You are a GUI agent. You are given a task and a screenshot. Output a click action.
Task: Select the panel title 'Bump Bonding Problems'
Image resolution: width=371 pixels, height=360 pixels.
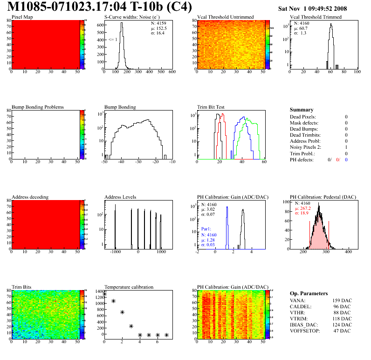pyautogui.click(x=38, y=107)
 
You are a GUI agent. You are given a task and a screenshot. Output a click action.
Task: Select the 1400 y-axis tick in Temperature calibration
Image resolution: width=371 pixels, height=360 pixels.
pyautogui.click(x=99, y=291)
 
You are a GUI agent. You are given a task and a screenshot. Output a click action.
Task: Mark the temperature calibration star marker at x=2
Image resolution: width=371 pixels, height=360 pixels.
pyautogui.click(x=122, y=312)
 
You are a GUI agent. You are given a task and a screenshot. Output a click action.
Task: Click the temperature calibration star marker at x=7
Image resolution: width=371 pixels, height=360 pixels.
pyautogui.click(x=166, y=335)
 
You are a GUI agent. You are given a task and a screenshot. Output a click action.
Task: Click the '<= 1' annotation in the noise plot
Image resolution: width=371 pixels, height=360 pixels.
pyautogui.click(x=112, y=40)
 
